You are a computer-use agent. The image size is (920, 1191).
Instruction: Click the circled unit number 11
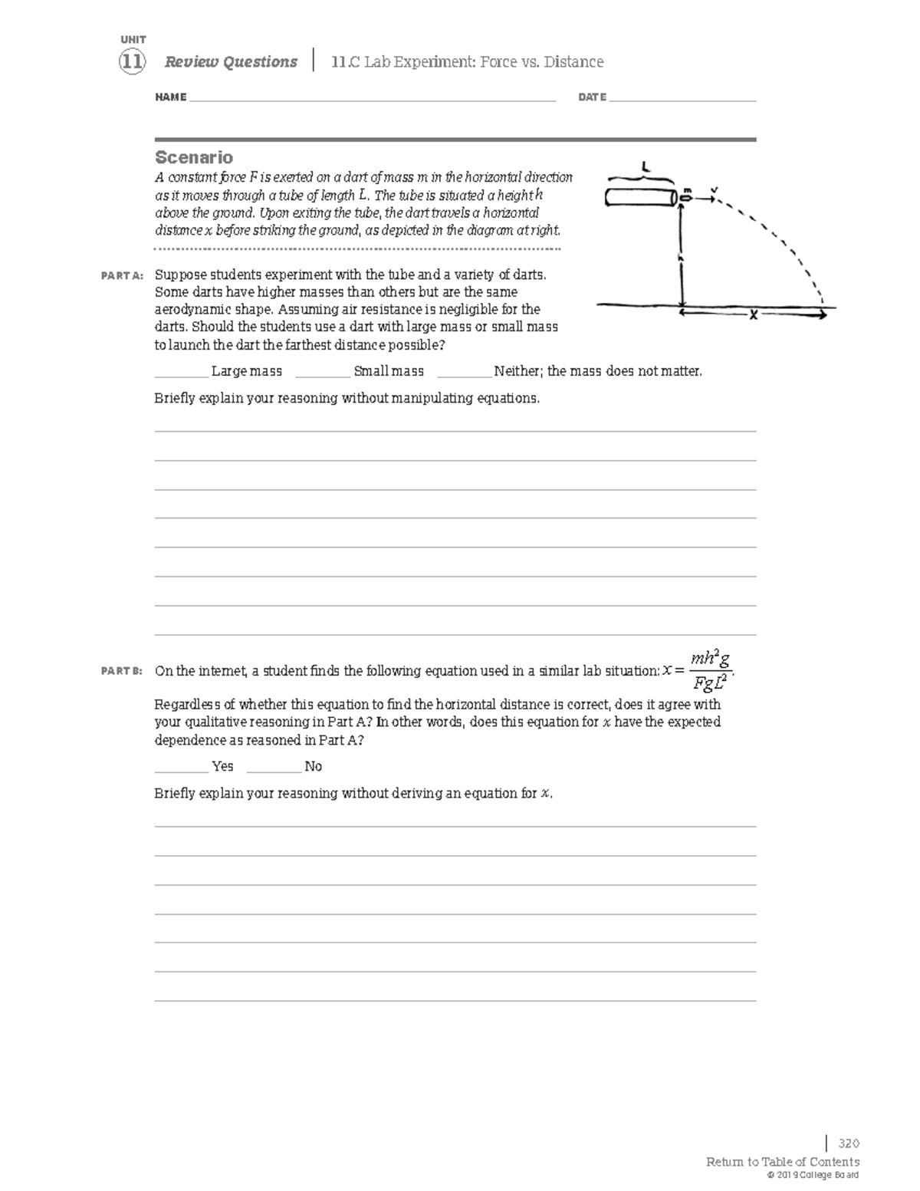tap(132, 62)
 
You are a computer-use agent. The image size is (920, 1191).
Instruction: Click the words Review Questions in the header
tap(231, 62)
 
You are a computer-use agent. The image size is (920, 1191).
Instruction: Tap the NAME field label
tap(170, 97)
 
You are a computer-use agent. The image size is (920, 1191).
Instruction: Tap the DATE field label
tap(592, 97)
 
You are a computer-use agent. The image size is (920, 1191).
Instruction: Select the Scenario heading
tap(194, 157)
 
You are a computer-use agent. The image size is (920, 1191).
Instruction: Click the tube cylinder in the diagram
tap(639, 197)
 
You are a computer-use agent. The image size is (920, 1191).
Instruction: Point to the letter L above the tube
tap(646, 165)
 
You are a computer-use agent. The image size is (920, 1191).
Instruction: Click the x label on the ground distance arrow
tap(754, 314)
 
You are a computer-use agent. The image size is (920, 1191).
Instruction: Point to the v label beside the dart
tap(715, 189)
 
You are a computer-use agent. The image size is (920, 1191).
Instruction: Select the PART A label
tap(122, 275)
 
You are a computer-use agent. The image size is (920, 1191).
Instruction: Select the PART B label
tap(122, 671)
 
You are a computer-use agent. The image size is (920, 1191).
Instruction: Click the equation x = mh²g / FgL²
tap(700, 670)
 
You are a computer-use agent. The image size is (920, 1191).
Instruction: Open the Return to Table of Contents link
tap(782, 1162)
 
